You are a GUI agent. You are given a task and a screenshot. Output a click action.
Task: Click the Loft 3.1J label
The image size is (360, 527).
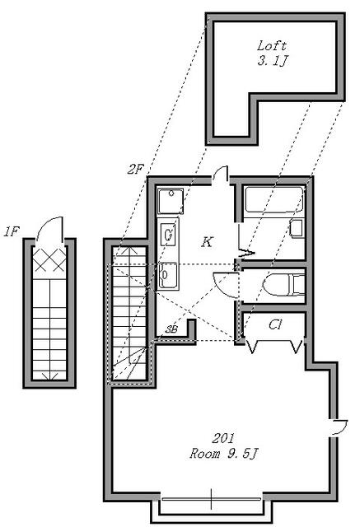coord(272,53)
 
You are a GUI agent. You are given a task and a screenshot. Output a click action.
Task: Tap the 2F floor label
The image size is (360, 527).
coord(135,169)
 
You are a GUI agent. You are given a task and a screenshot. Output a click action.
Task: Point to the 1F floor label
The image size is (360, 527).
coord(12,231)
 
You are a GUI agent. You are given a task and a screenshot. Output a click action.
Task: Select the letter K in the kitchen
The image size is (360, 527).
coord(208,241)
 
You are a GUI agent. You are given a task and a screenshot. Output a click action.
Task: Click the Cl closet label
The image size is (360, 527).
coord(275,324)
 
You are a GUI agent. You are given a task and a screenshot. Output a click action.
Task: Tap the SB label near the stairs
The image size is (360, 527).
coord(171,329)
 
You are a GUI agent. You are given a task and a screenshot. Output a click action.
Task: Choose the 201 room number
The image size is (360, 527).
coord(222,438)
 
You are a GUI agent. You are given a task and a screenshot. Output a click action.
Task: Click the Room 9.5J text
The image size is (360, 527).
coord(223,454)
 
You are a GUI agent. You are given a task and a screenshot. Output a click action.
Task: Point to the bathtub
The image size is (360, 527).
coord(274,199)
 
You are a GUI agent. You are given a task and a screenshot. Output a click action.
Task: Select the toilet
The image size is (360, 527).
coord(283,285)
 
